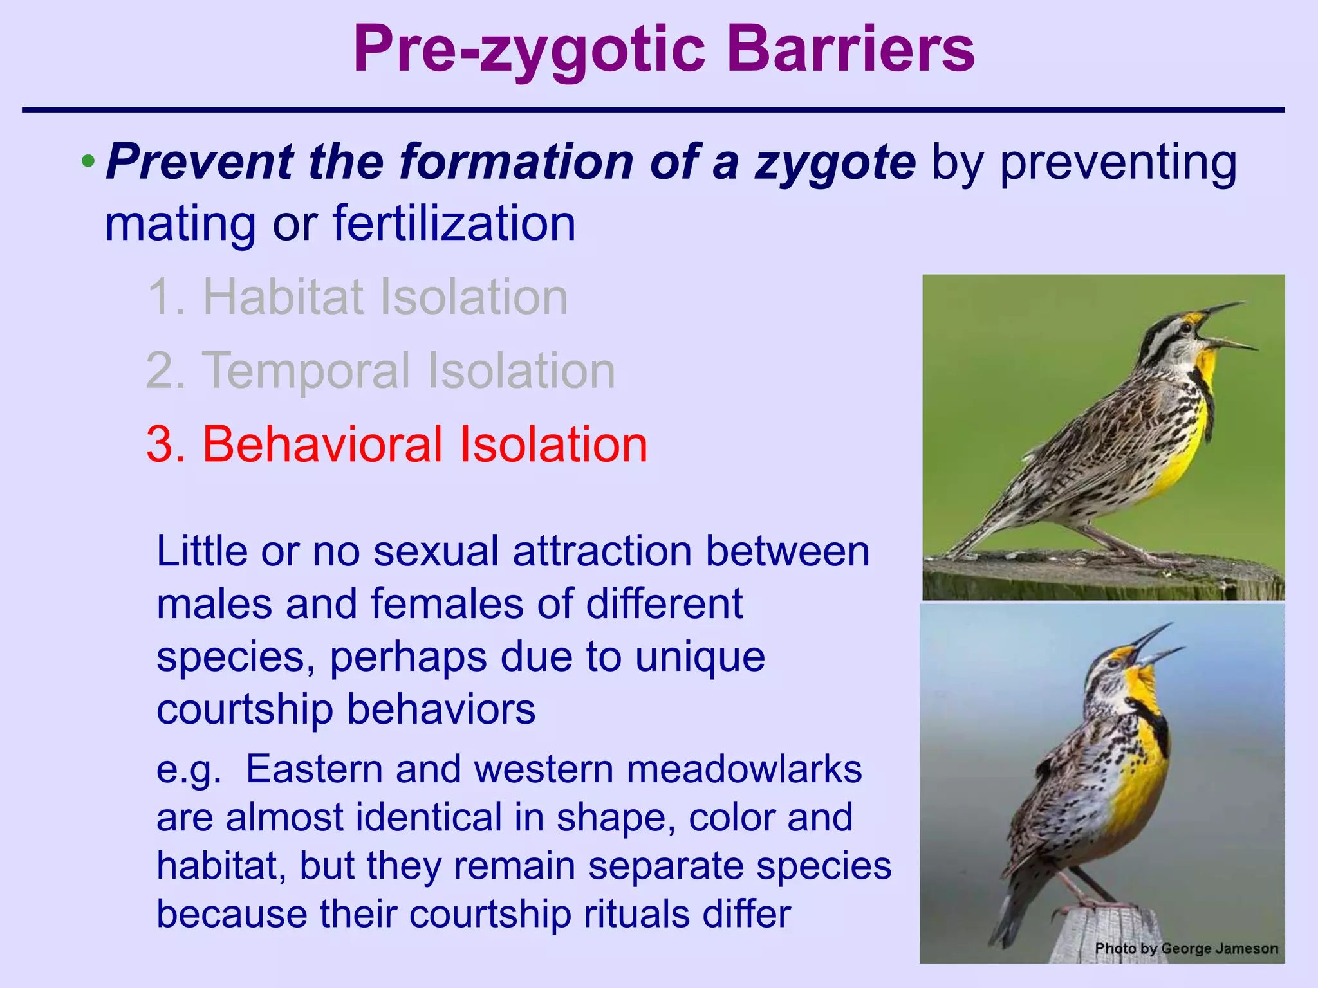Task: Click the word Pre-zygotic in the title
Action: coord(528,50)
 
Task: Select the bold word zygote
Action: coord(835,162)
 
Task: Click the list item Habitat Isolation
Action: coord(358,297)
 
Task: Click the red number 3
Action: coord(165,444)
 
